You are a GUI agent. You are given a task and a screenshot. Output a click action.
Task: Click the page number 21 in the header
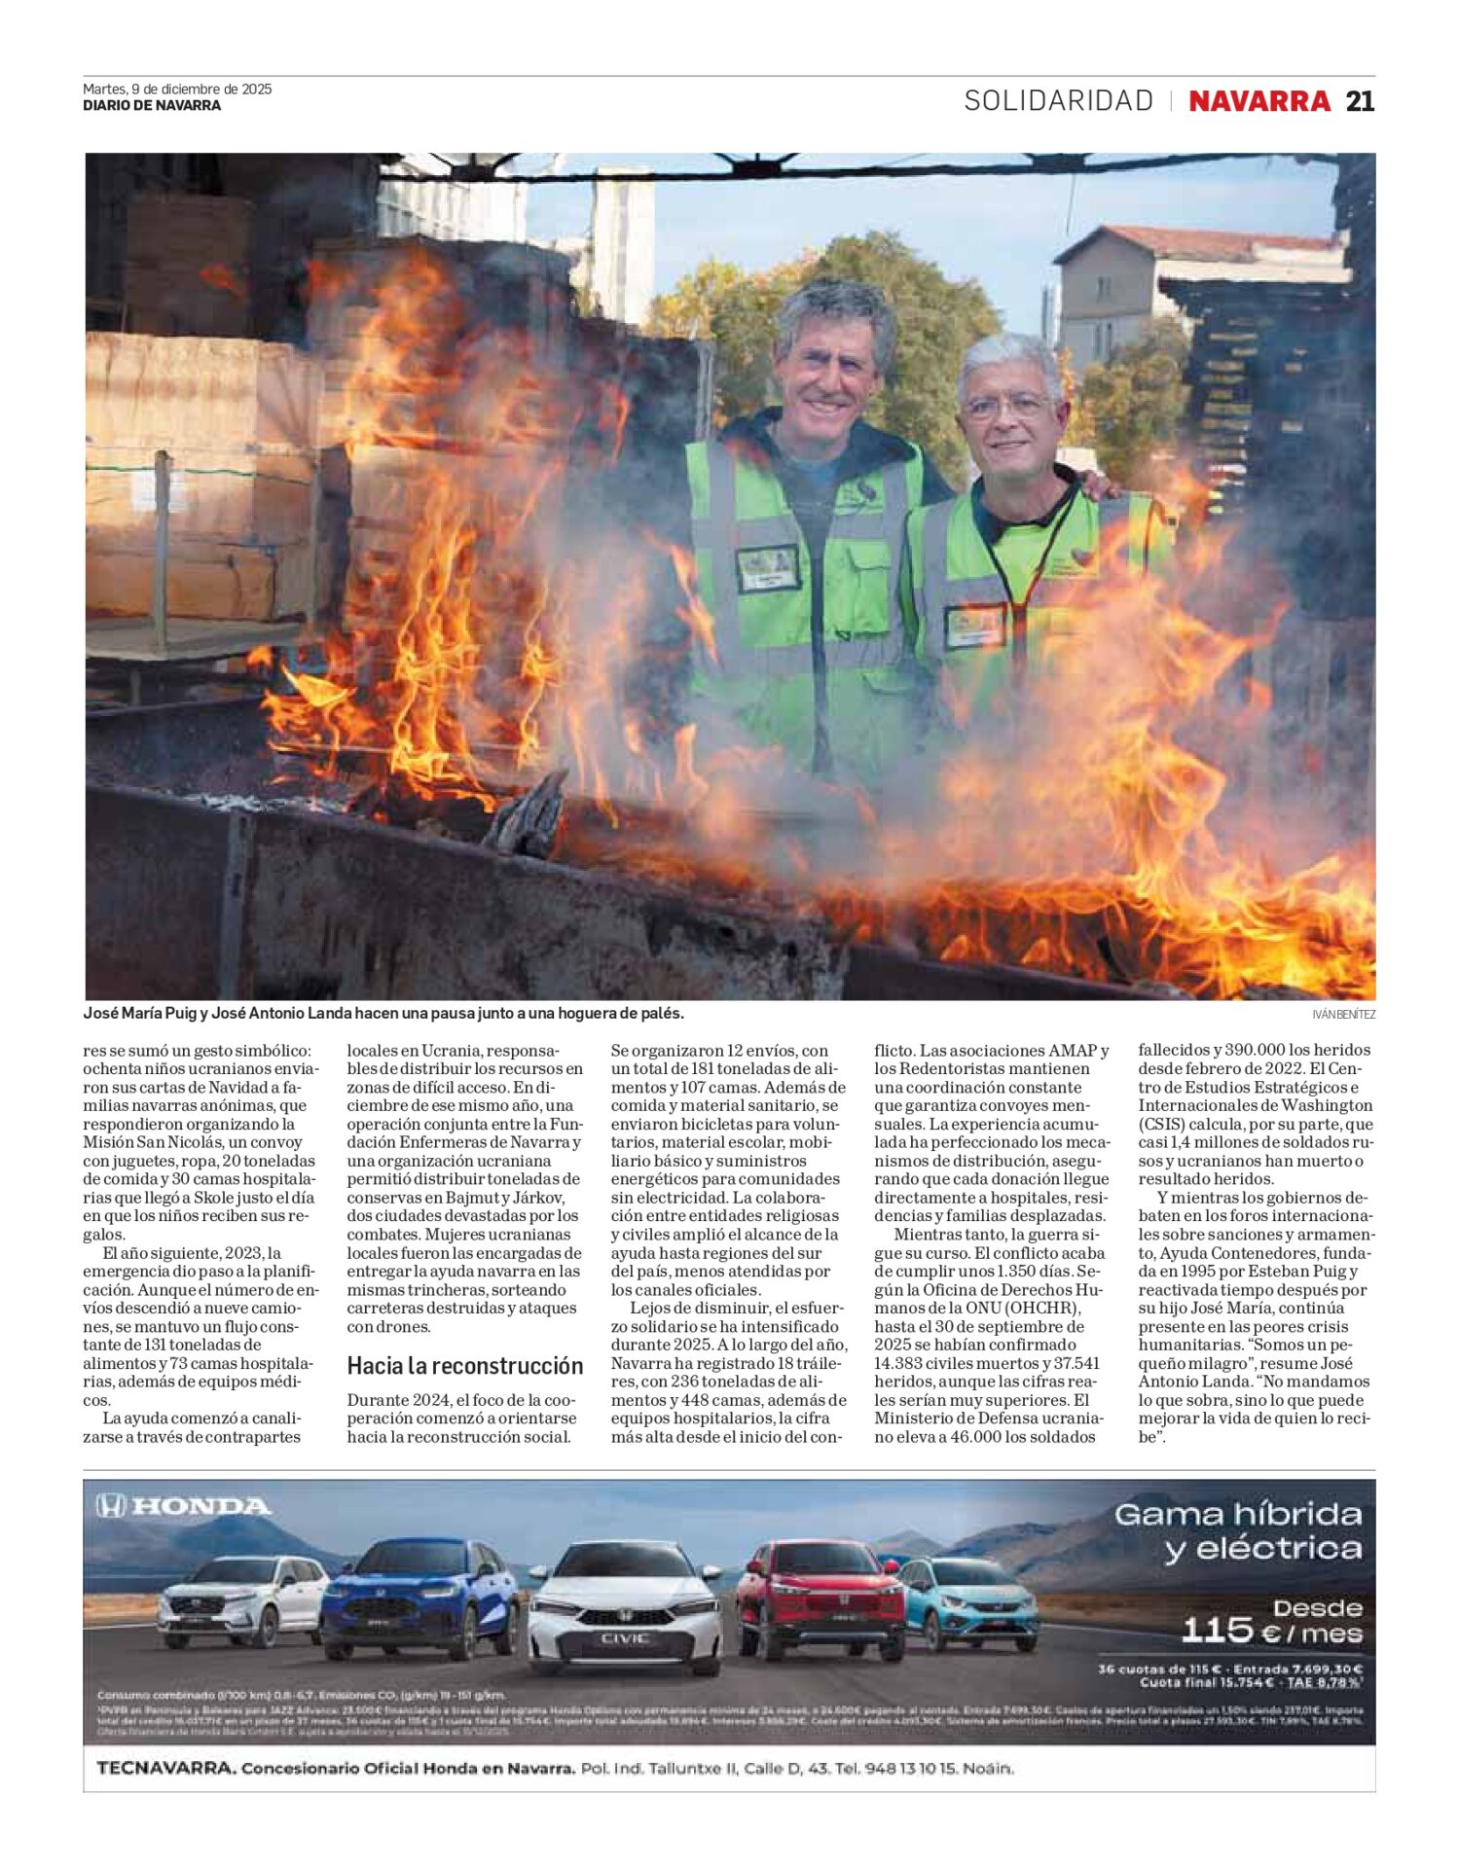pyautogui.click(x=1359, y=101)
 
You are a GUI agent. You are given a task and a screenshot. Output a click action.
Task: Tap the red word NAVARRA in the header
pyautogui.click(x=1258, y=101)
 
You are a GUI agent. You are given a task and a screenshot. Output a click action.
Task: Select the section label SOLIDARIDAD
pyautogui.click(x=1058, y=101)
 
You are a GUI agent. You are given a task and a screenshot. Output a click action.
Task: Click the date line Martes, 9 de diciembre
pyautogui.click(x=177, y=89)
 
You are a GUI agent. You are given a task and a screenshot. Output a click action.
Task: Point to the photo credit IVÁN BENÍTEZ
pyautogui.click(x=1343, y=1014)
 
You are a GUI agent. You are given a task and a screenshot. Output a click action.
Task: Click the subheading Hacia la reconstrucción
pyautogui.click(x=464, y=1366)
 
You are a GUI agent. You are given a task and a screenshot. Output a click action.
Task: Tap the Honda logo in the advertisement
pyautogui.click(x=184, y=1507)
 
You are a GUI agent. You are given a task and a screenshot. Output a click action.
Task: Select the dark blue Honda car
pyautogui.click(x=420, y=1597)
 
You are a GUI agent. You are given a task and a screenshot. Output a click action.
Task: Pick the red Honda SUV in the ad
pyautogui.click(x=820, y=1597)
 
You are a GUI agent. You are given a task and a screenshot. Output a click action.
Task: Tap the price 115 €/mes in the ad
pyautogui.click(x=1271, y=1630)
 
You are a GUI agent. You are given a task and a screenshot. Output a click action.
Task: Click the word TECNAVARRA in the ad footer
pyautogui.click(x=166, y=1768)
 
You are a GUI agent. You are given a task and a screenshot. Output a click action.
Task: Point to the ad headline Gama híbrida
pyautogui.click(x=1237, y=1515)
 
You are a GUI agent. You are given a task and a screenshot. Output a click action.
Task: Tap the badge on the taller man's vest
pyautogui.click(x=768, y=567)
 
